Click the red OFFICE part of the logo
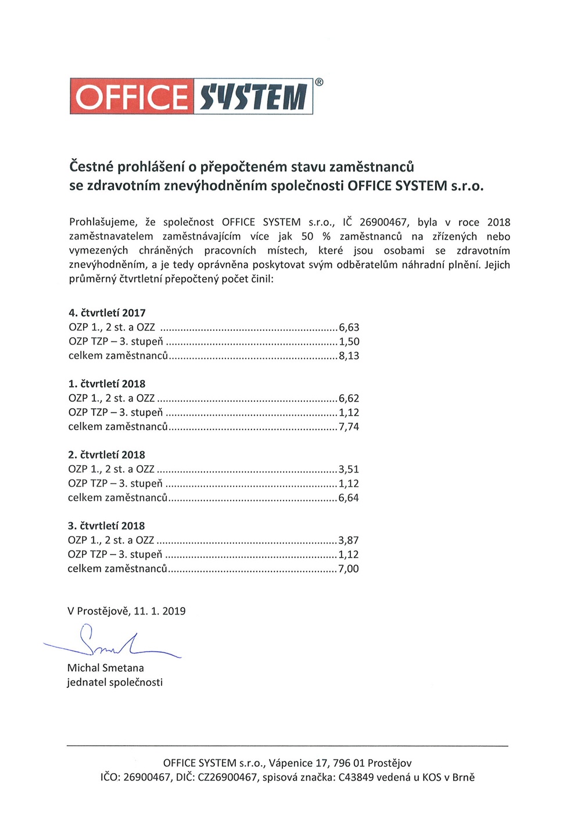coord(132,96)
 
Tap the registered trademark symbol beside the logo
coord(319,82)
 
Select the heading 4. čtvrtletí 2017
coord(107,313)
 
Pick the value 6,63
coord(349,327)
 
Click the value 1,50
coord(349,341)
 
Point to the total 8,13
coord(349,356)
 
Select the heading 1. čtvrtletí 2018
coord(107,384)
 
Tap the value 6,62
coord(349,398)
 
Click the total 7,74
coord(349,427)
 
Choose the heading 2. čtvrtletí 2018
coord(107,455)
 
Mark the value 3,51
coord(349,469)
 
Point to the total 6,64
coord(349,498)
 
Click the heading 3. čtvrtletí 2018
coord(106,526)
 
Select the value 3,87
coord(349,540)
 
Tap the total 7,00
coord(349,569)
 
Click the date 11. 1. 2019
coord(160,611)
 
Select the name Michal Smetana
coord(106,668)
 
